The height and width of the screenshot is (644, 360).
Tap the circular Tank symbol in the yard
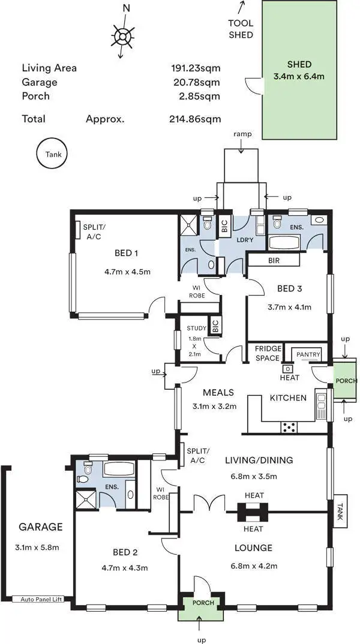[53, 154]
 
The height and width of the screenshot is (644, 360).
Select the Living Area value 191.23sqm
[196, 68]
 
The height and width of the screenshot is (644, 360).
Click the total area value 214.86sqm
[194, 119]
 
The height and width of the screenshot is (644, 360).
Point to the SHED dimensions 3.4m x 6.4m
[298, 76]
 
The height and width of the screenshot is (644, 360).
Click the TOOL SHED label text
[241, 29]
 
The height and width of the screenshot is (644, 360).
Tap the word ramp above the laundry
[242, 134]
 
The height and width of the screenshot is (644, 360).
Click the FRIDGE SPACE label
[267, 353]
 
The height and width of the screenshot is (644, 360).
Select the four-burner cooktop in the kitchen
[289, 427]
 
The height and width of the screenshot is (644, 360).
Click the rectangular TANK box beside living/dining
[341, 514]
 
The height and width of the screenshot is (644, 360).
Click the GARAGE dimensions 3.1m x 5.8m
[40, 547]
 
